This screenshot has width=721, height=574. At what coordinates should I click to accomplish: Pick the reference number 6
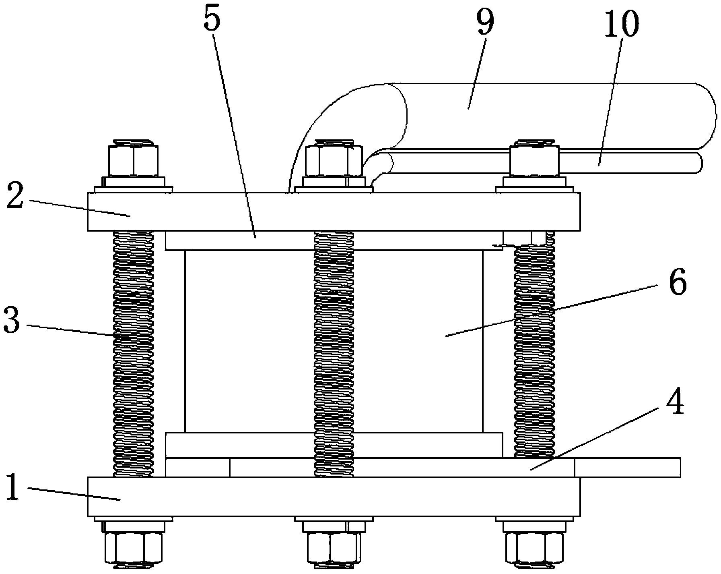pos(678,283)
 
